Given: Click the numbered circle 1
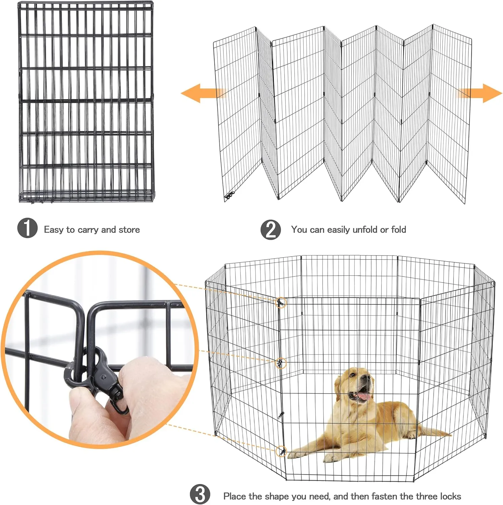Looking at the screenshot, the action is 27,228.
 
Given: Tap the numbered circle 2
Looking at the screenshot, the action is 271,230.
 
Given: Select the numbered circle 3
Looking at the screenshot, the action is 200,494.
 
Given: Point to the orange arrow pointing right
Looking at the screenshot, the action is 479,93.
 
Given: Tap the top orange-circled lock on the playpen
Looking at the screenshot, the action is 281,303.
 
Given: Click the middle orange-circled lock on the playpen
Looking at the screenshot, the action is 281,363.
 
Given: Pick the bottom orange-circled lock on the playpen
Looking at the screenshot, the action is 281,451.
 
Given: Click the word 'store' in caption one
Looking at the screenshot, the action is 129,230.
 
